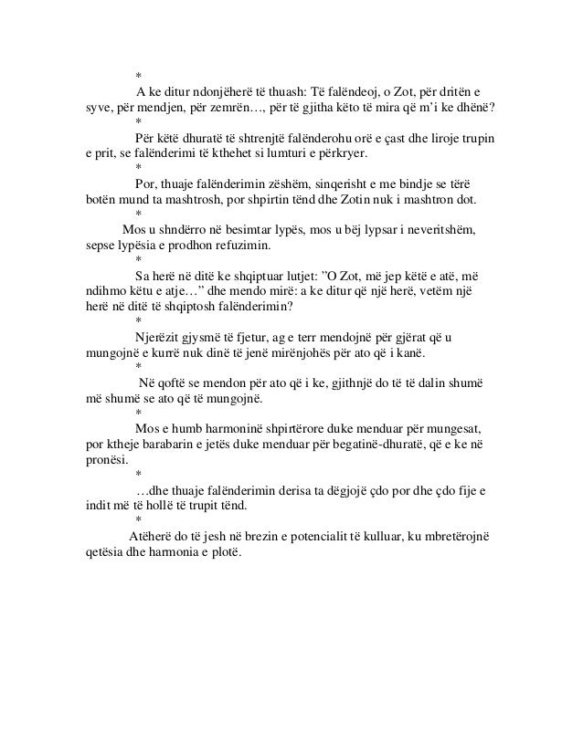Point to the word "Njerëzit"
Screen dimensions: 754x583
(159, 337)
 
